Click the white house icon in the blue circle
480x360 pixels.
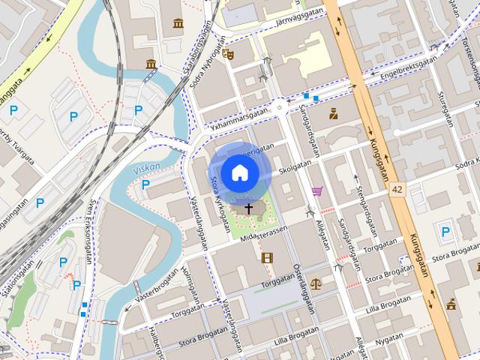[x=239, y=172]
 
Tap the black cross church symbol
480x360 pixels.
[x=248, y=207]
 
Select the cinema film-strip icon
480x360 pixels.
[x=267, y=257]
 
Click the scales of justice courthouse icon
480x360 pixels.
[x=316, y=284]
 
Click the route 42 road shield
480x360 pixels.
[x=397, y=190]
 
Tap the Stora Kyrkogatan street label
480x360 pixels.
[x=219, y=193]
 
